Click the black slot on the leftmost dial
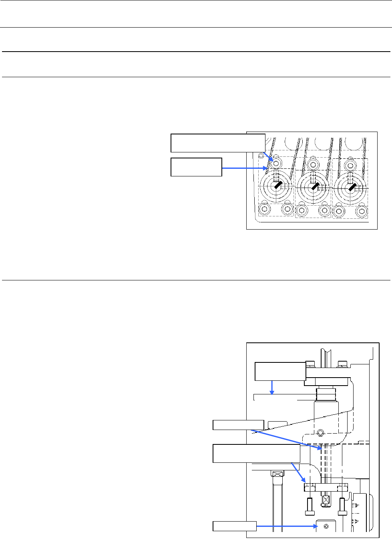(278, 184)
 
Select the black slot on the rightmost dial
(352, 186)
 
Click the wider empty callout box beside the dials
(218, 143)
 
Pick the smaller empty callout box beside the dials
(196, 167)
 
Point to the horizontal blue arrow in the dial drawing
(244, 168)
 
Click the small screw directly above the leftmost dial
(276, 163)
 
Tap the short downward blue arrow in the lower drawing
(272, 387)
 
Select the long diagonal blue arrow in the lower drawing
(286, 440)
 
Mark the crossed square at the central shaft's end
(326, 500)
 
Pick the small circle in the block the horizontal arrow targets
(326, 526)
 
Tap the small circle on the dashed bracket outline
(320, 432)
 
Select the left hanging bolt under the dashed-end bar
(310, 507)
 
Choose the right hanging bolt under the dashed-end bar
(342, 507)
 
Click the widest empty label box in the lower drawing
(256, 453)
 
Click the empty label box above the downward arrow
(280, 371)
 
